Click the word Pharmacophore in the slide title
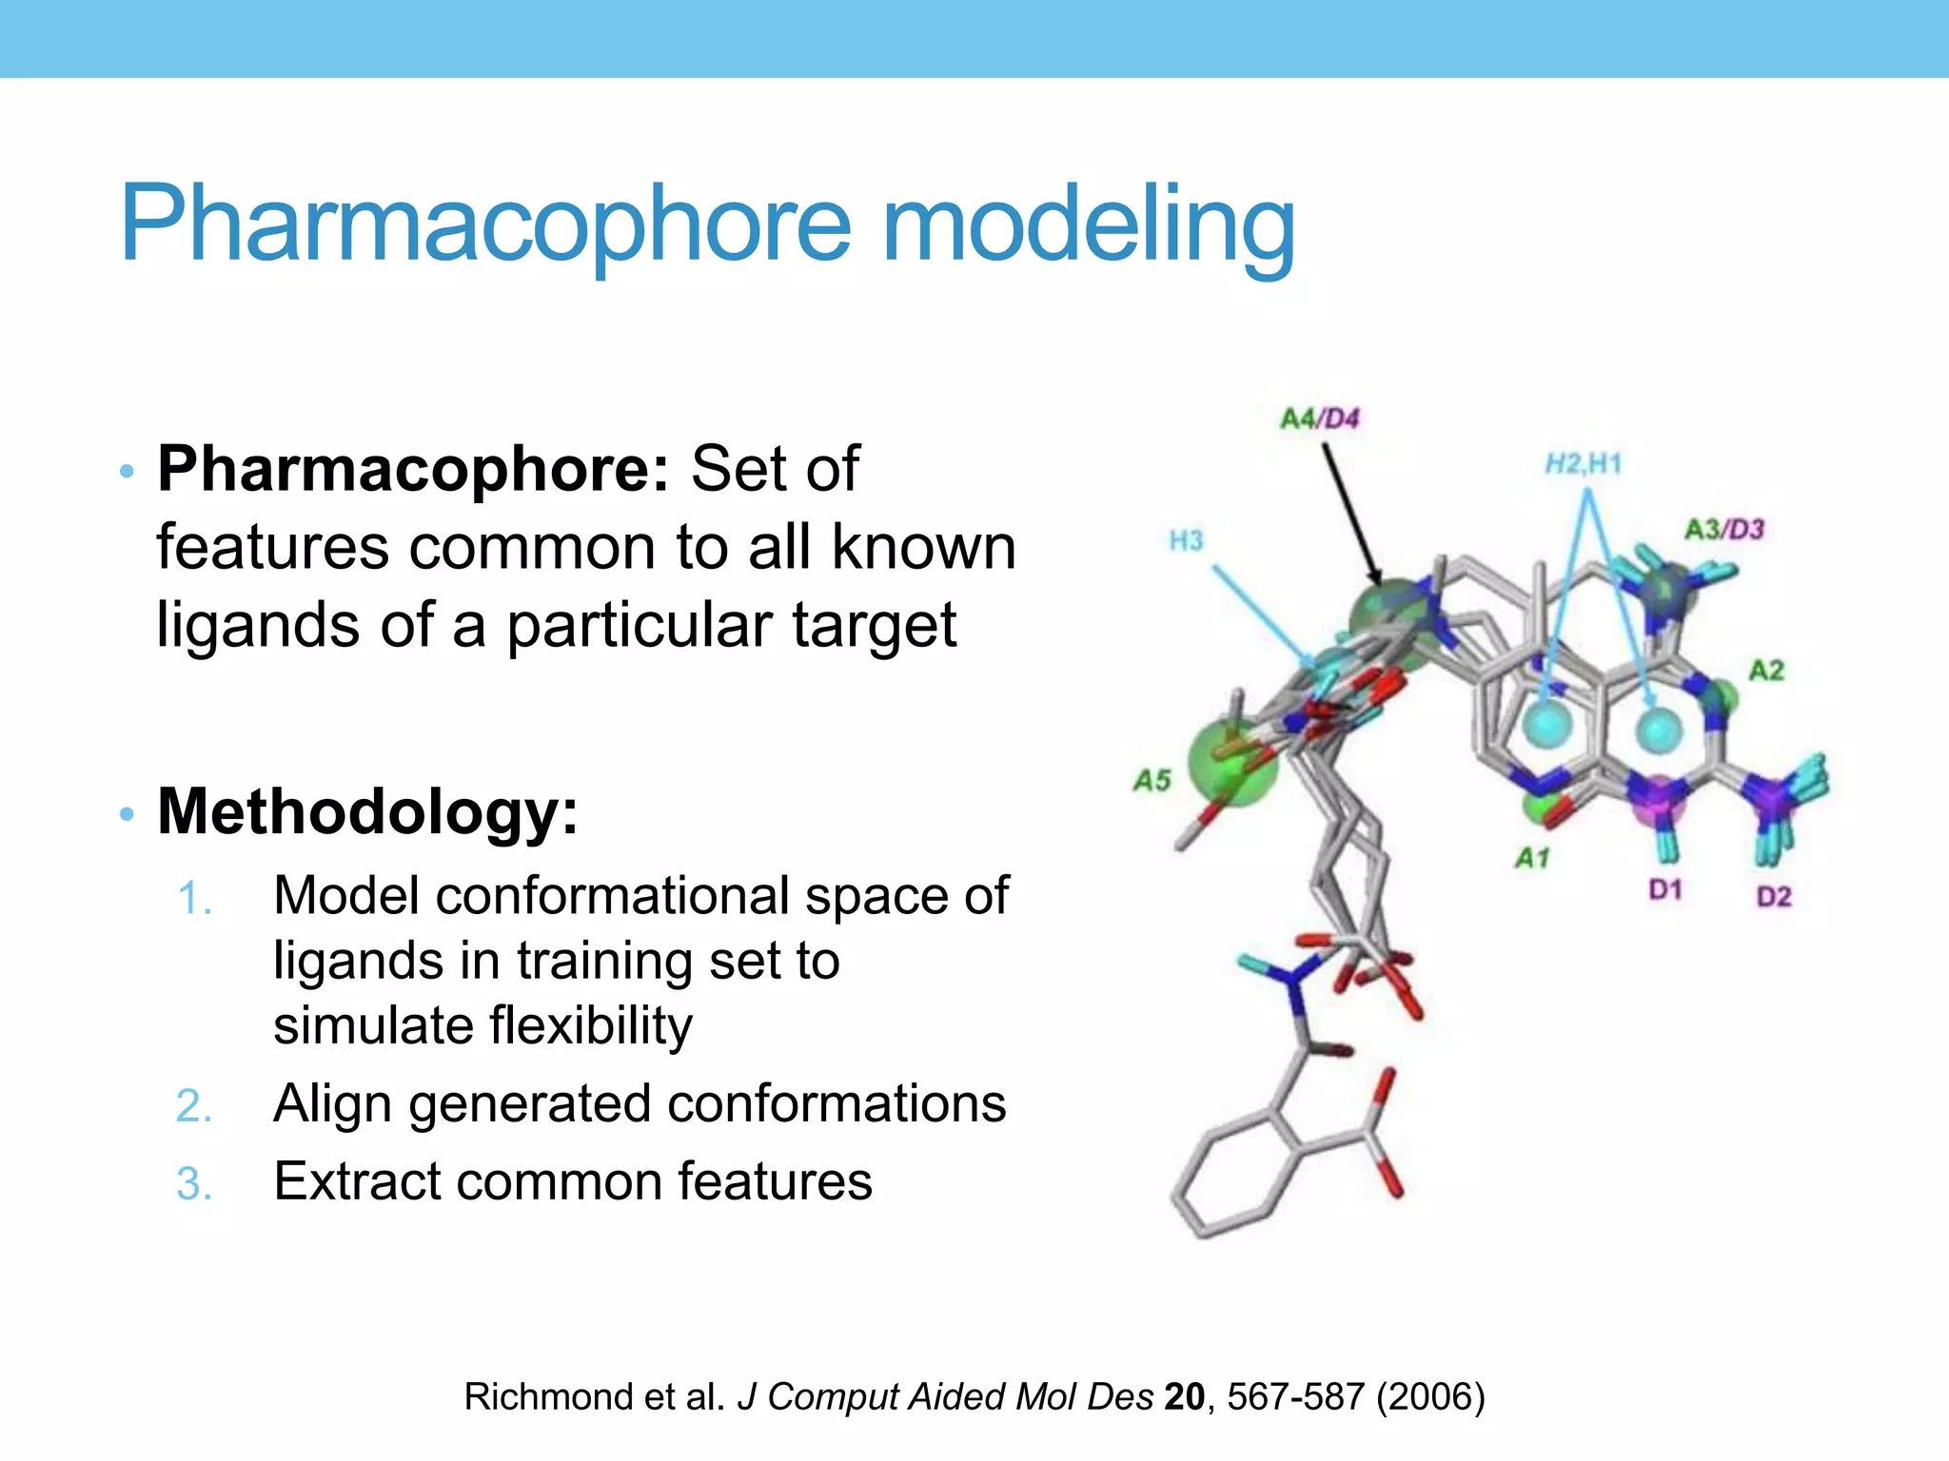click(485, 224)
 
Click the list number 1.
click(194, 898)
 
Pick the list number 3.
click(194, 1183)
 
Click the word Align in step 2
click(332, 1103)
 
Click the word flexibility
click(591, 1025)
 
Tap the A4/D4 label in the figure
click(1319, 419)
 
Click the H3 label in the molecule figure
click(1186, 541)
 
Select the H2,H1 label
click(1583, 464)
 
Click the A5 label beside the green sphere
click(1152, 781)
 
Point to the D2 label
click(1773, 896)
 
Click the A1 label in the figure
click(1532, 858)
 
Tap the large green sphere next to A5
click(1232, 761)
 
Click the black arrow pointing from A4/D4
click(1349, 514)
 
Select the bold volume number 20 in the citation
click(1184, 1396)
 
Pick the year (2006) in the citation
click(1430, 1396)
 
